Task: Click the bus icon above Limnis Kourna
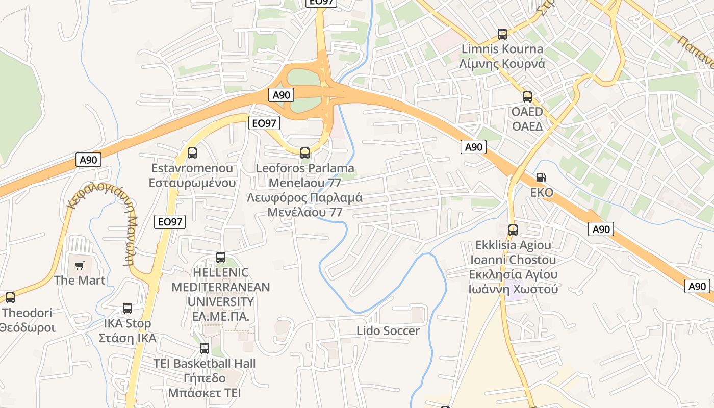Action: (502, 34)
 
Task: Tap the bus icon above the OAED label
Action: (527, 96)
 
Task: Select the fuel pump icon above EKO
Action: (541, 177)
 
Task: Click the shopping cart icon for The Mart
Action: (79, 265)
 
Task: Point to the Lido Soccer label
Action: (388, 331)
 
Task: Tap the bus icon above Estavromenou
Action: (192, 152)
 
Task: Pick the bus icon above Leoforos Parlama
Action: (305, 152)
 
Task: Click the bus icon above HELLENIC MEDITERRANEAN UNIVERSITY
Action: (221, 258)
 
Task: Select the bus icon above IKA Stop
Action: (127, 309)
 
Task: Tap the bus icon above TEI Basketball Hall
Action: (205, 348)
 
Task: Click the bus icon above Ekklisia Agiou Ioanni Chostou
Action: (513, 230)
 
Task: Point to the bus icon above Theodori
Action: (10, 298)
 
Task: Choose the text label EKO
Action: (542, 193)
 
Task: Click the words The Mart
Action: (80, 280)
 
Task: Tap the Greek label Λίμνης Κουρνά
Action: (502, 64)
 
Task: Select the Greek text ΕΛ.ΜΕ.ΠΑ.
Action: (221, 316)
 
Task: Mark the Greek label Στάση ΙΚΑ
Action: (127, 338)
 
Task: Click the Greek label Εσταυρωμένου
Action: (192, 183)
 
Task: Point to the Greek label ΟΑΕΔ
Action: (527, 126)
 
